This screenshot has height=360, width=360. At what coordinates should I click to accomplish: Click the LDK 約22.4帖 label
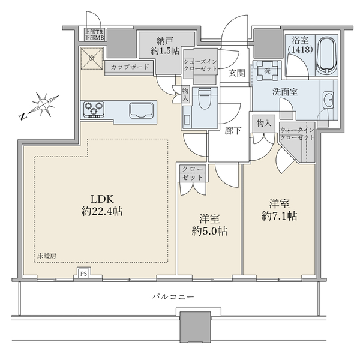click(102, 205)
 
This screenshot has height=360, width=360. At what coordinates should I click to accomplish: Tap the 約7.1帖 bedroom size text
click(280, 216)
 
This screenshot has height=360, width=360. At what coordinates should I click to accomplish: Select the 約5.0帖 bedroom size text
click(209, 231)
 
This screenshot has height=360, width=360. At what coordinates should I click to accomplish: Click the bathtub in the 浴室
click(327, 56)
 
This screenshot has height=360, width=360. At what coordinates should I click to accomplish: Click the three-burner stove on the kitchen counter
click(94, 109)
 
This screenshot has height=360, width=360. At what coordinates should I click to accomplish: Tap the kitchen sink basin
click(141, 110)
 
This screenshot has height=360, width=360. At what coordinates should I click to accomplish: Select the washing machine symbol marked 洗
click(267, 71)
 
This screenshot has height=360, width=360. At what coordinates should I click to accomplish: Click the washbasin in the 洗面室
click(329, 100)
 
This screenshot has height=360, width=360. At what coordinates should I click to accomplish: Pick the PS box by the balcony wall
click(83, 274)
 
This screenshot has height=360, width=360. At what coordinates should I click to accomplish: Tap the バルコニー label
click(173, 296)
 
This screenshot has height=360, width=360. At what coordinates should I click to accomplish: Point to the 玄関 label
click(237, 73)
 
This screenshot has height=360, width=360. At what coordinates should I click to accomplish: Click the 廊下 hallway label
click(233, 131)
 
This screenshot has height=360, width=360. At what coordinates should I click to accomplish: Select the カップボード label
click(130, 67)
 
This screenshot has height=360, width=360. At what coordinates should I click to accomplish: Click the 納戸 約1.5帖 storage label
click(165, 46)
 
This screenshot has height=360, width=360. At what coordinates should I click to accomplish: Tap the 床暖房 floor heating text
click(47, 256)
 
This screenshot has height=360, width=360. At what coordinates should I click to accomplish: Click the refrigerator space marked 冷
click(91, 58)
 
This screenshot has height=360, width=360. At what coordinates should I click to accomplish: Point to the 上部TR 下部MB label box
click(94, 34)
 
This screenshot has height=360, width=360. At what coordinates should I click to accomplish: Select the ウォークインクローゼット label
click(297, 134)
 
